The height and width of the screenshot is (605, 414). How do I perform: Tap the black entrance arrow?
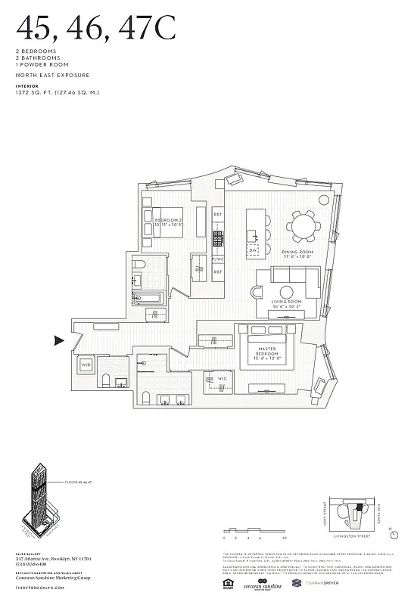pos(60,341)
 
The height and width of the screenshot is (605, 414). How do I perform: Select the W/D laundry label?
pos(85,365)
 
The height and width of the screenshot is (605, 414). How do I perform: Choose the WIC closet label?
pos(223,377)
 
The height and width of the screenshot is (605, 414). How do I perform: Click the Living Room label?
pos(287,305)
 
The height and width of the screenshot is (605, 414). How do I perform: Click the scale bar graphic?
pos(254,533)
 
